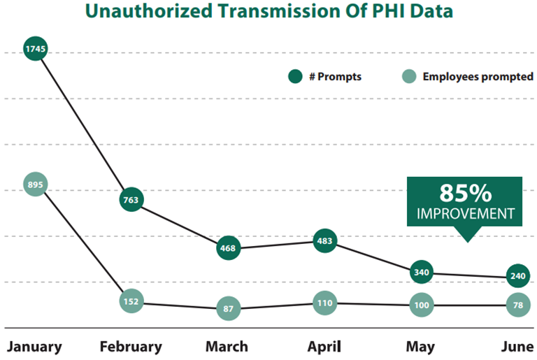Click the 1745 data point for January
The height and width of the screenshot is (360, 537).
(34, 49)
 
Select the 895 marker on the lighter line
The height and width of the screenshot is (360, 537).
(34, 185)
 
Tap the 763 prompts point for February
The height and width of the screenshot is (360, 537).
(131, 200)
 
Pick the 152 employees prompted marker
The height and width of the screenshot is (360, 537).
(131, 303)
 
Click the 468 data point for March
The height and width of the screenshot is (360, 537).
(228, 247)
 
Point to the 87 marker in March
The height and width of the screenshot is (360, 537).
(228, 308)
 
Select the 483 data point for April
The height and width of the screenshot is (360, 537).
(324, 241)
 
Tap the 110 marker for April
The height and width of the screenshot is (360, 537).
(324, 303)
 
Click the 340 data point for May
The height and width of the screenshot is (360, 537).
(421, 272)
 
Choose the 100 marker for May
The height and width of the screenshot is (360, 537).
(421, 305)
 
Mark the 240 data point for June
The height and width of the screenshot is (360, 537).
(517, 277)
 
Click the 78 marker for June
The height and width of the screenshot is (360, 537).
(517, 305)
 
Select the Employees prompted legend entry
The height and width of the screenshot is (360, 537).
(469, 77)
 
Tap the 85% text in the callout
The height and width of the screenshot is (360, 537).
(465, 194)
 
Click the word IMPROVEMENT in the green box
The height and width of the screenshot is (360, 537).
(465, 213)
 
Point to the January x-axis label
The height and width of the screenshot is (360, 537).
(34, 347)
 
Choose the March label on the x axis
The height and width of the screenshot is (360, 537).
(227, 347)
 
